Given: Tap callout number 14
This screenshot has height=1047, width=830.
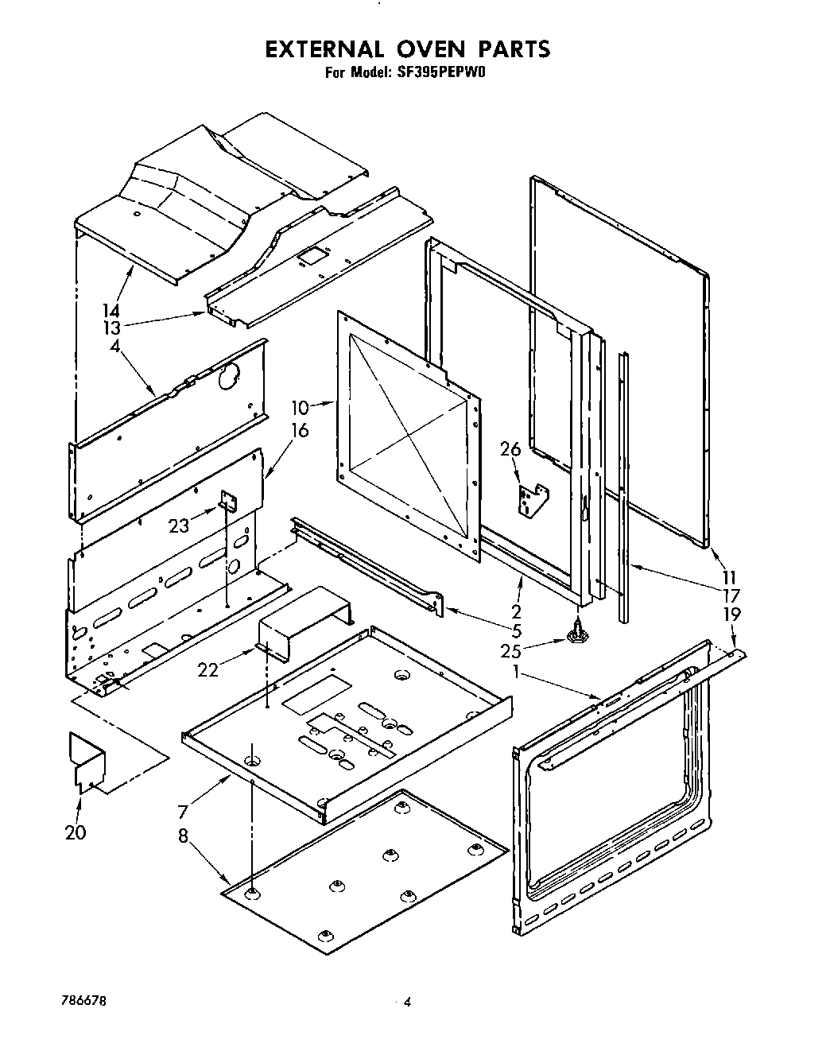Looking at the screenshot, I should point(112,312).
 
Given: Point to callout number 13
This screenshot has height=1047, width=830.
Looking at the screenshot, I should point(112,328).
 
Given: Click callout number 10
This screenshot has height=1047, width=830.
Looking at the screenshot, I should point(299,408).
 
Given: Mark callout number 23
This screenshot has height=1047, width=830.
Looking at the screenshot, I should point(179,525).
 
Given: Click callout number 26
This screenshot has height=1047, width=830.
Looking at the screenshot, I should point(510,450).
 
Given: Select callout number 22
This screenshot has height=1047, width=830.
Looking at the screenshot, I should point(208,669).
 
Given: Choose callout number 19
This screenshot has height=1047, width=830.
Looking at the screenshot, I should point(731,614).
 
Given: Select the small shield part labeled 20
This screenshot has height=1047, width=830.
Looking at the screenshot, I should point(87,762).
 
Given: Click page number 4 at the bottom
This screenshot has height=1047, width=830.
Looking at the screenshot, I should point(406,1003).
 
